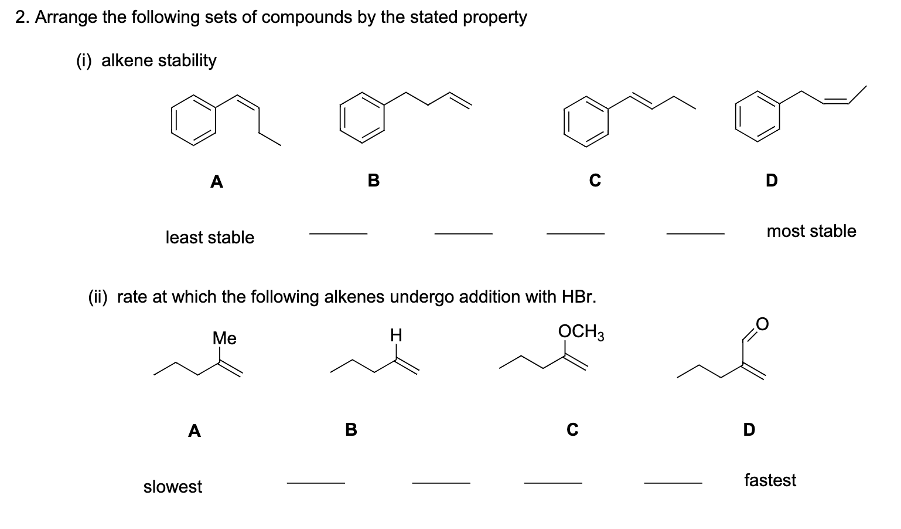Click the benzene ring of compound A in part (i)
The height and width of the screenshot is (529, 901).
click(x=194, y=120)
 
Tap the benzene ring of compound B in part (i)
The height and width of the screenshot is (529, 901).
click(x=363, y=117)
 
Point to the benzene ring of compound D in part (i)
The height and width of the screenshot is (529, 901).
click(x=758, y=116)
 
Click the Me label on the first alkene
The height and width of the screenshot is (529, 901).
click(x=224, y=338)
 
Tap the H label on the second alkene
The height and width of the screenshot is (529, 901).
click(x=396, y=335)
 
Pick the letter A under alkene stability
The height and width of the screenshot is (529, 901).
click(x=216, y=182)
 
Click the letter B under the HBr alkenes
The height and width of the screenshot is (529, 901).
click(x=350, y=430)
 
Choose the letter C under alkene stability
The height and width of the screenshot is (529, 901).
click(x=595, y=181)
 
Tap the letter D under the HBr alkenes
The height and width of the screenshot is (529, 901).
click(x=749, y=430)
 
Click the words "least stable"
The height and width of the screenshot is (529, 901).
click(x=210, y=238)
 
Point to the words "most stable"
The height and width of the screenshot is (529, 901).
click(x=811, y=231)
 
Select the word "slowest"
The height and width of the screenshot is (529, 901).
click(x=173, y=487)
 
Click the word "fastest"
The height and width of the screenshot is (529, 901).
click(x=770, y=480)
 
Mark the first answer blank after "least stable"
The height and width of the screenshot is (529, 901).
click(x=338, y=234)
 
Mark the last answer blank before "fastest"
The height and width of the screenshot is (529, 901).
click(x=673, y=483)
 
